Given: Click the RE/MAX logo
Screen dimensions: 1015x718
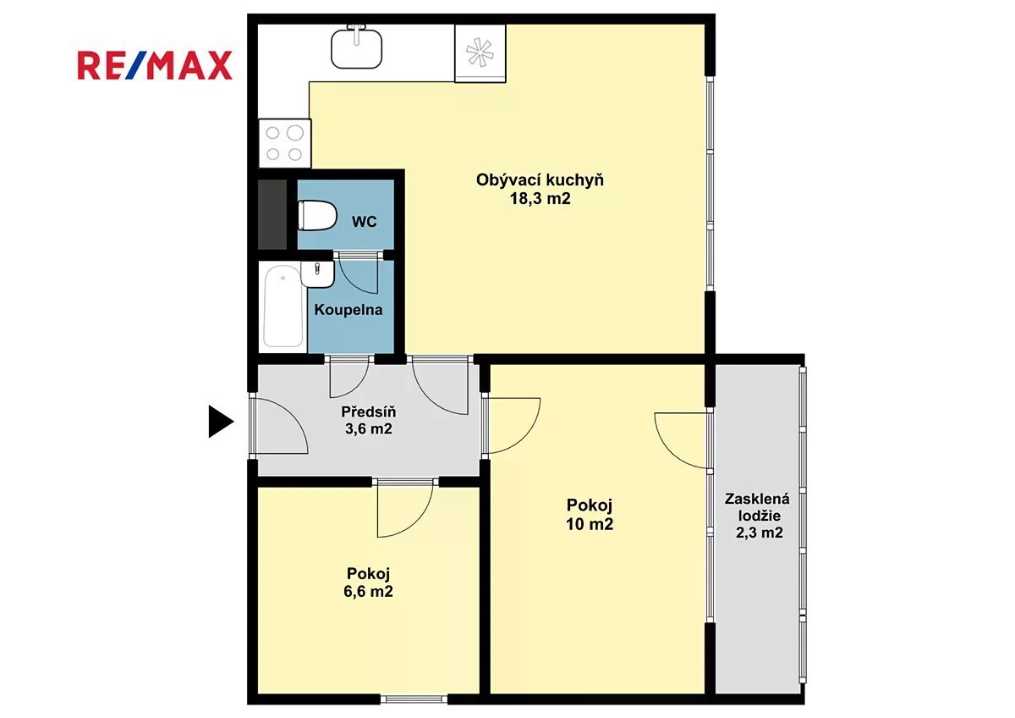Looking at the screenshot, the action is (x=155, y=66).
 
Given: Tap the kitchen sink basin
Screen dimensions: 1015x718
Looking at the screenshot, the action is (x=357, y=48).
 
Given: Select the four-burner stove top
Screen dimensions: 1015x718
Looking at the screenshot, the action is (x=284, y=143).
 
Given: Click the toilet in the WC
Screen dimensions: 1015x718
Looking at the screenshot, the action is (x=317, y=216).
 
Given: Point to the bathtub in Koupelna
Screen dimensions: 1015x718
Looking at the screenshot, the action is (x=283, y=307).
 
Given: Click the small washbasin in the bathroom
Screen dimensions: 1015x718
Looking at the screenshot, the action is (x=318, y=274).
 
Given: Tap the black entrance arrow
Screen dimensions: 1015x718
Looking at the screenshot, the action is (x=221, y=422).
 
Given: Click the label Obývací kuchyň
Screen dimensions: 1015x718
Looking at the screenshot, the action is (x=540, y=180).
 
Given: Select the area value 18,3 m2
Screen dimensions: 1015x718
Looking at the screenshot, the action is (x=540, y=199).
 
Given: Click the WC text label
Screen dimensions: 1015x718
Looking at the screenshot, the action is (x=365, y=222).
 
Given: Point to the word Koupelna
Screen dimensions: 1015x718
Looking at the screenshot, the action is (x=348, y=310).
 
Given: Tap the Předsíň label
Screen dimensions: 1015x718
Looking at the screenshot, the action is (x=369, y=411).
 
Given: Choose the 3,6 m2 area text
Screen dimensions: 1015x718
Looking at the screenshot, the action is (x=369, y=428).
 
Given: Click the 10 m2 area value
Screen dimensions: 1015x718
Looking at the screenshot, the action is (x=590, y=525).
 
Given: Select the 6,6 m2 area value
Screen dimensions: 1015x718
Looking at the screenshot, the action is (x=368, y=592).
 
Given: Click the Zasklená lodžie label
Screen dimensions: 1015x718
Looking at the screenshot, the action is (x=757, y=507).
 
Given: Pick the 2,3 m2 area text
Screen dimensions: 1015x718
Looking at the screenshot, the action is (x=759, y=533).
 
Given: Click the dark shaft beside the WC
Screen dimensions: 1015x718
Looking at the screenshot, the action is (x=272, y=214).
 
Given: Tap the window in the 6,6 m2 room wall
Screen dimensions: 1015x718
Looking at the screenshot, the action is (x=414, y=699).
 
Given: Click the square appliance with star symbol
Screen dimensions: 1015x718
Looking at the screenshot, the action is (x=480, y=53).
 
